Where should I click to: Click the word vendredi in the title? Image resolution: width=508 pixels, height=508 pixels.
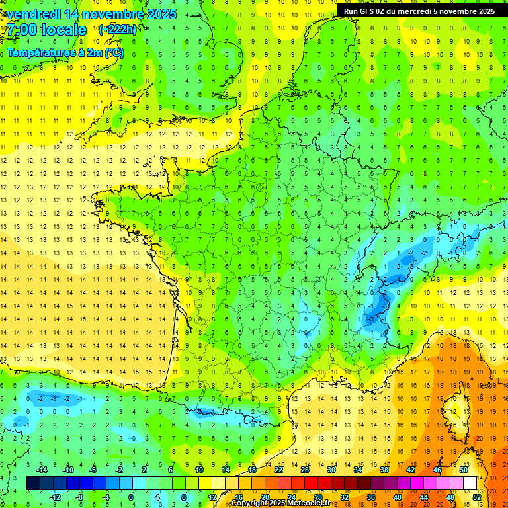pyautogui.click(x=31, y=14)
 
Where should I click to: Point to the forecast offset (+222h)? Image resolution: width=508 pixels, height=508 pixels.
pyautogui.click(x=118, y=29)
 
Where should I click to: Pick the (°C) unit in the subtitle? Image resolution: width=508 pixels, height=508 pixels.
pyautogui.click(x=114, y=52)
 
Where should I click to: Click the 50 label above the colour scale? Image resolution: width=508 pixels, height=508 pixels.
pyautogui.click(x=463, y=470)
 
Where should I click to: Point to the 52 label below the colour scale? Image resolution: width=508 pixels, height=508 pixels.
pyautogui.click(x=477, y=497)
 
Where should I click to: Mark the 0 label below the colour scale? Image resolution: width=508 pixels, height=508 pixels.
pyautogui.click(x=131, y=497)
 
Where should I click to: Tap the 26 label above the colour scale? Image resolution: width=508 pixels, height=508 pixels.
pyautogui.click(x=304, y=470)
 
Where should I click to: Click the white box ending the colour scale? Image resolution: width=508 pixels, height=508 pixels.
pyautogui.click(x=470, y=484)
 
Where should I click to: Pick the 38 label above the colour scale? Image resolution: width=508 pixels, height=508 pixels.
pyautogui.click(x=384, y=470)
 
